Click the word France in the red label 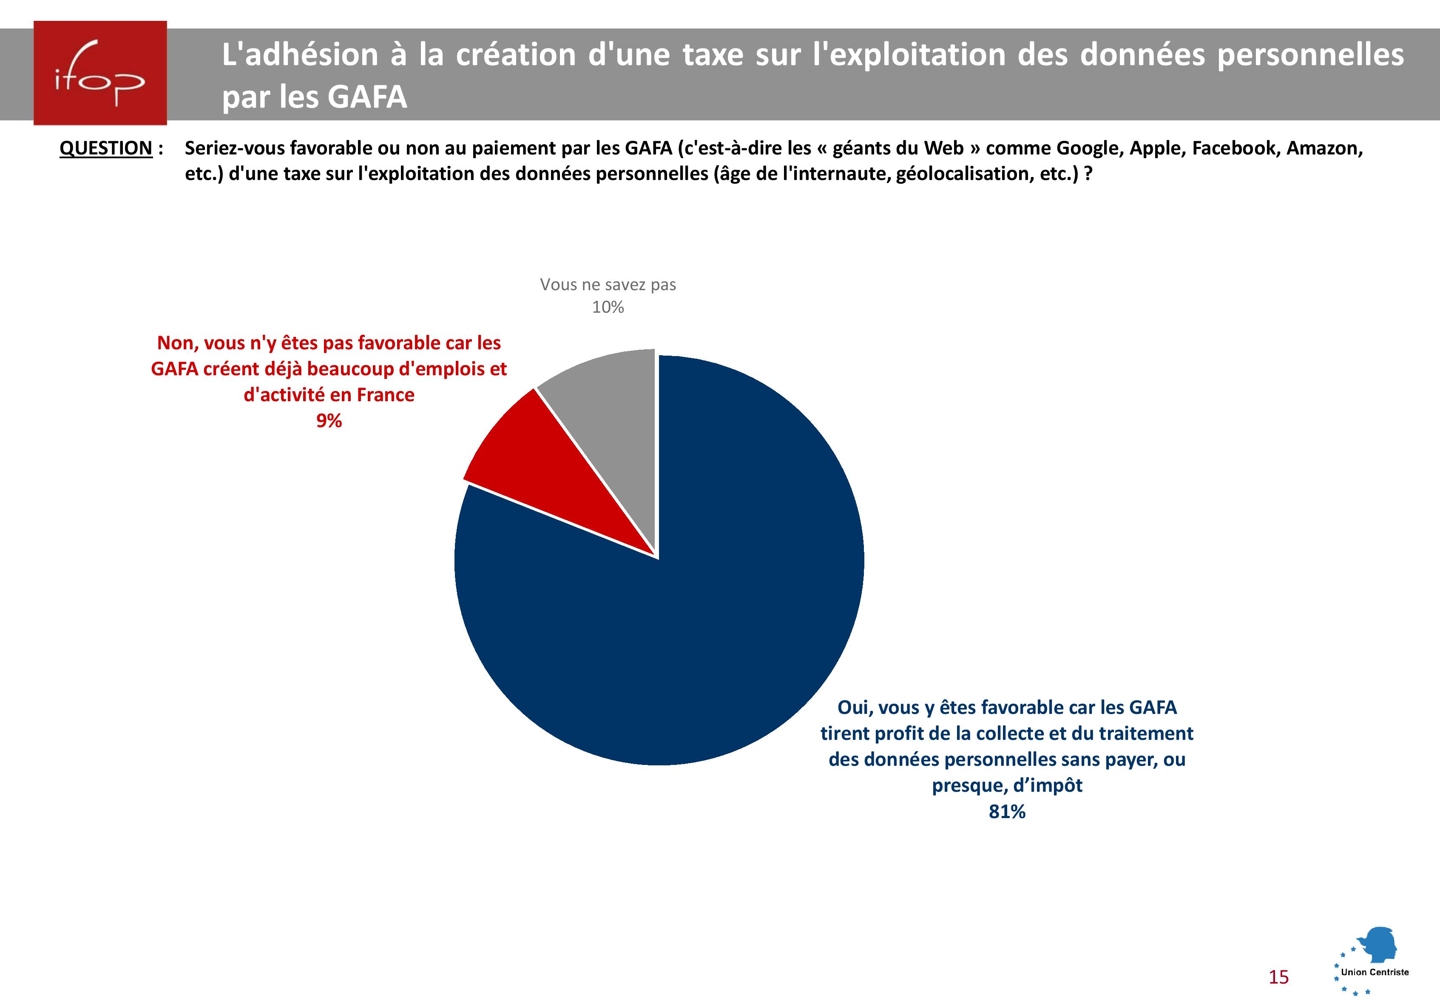[x=385, y=395]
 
